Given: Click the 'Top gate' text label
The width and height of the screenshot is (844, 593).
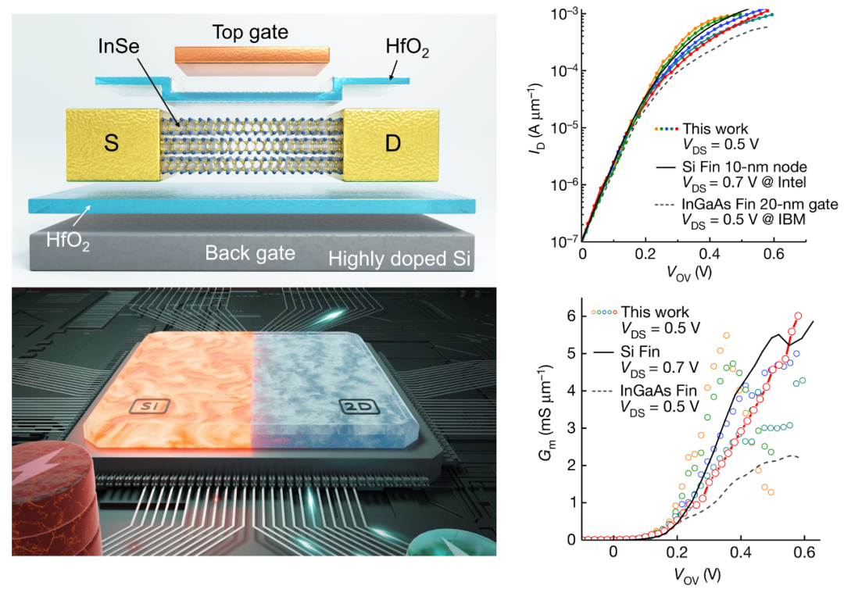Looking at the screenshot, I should (250, 32).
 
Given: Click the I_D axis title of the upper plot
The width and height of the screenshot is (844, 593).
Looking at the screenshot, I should (542, 127).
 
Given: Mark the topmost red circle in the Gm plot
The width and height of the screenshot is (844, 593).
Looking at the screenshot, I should (798, 316).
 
